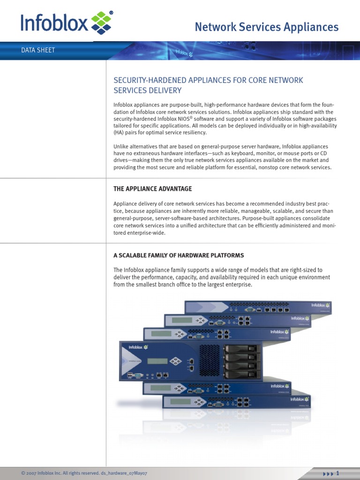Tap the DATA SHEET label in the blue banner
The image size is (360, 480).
point(38,50)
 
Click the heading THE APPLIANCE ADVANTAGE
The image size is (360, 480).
point(153,188)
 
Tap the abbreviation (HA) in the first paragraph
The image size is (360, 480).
point(120,133)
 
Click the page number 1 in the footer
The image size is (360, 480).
point(337,473)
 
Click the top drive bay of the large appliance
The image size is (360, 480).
point(241,349)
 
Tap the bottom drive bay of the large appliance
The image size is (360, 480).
point(241,374)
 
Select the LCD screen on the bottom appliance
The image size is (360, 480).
point(180,402)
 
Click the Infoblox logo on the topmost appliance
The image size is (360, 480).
point(321,305)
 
